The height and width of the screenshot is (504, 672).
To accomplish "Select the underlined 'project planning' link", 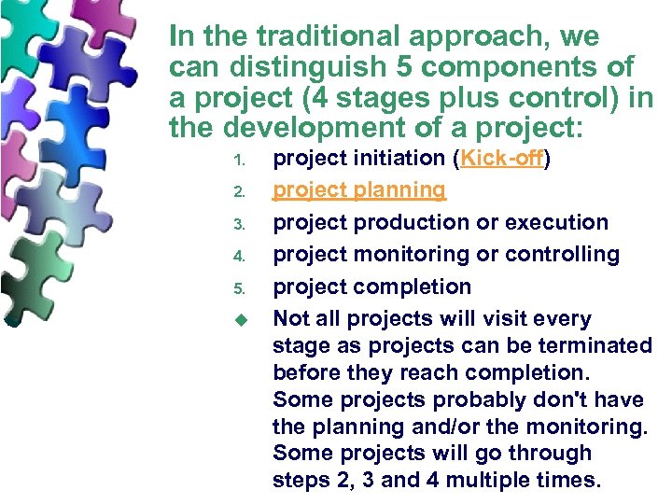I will click(359, 190).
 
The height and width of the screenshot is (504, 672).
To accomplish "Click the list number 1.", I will click(238, 160).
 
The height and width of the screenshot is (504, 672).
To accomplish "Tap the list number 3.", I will click(238, 224).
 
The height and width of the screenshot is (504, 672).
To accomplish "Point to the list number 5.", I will click(238, 287).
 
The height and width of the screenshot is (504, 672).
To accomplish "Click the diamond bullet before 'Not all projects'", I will click(239, 319).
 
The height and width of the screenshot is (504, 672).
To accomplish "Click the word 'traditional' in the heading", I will click(314, 37).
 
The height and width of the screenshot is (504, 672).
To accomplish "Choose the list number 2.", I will click(238, 192).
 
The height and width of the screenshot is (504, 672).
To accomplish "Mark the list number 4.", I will click(238, 256).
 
